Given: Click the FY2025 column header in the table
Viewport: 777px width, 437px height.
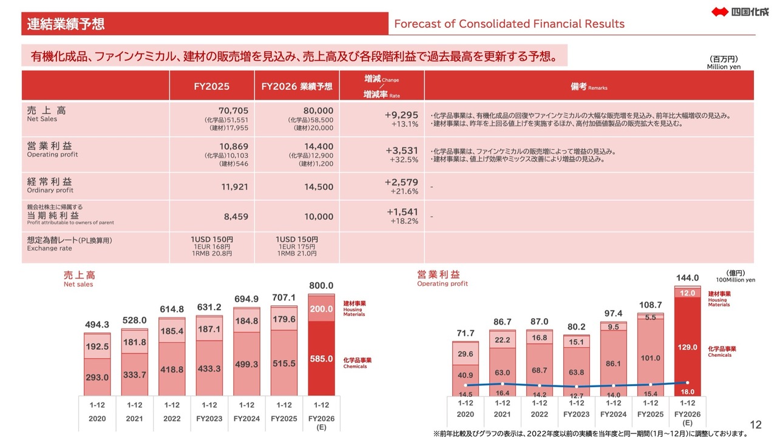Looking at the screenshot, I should (x=211, y=86).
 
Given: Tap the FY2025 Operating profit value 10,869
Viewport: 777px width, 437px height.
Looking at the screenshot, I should (x=234, y=146).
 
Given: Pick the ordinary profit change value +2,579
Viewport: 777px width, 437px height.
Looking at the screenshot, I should (x=401, y=181).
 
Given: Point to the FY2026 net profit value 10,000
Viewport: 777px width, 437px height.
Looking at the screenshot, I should (x=319, y=217).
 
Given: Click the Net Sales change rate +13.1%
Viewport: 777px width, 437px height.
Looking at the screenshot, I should (x=404, y=124).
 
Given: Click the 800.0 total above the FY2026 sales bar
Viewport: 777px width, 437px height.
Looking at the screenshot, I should (x=321, y=285).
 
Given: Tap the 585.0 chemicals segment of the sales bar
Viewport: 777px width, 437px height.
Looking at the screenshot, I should (x=321, y=359).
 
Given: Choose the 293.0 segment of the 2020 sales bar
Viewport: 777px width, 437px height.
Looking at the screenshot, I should (x=97, y=377).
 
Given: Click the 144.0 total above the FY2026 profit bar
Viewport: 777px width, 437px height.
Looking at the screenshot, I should (x=687, y=278).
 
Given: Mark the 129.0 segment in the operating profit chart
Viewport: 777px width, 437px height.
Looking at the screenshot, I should (x=687, y=347).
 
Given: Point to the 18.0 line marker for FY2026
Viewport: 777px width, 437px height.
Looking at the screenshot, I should (x=687, y=382).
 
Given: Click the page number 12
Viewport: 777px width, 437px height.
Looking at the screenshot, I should (x=756, y=425).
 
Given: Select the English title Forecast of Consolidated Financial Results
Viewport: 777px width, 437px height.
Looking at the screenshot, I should (x=509, y=24).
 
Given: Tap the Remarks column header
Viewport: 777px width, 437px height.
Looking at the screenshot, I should (x=589, y=87).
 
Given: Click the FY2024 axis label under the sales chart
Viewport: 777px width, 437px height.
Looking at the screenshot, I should (x=246, y=418).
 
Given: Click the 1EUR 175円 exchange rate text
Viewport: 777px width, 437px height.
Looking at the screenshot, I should (x=297, y=246).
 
